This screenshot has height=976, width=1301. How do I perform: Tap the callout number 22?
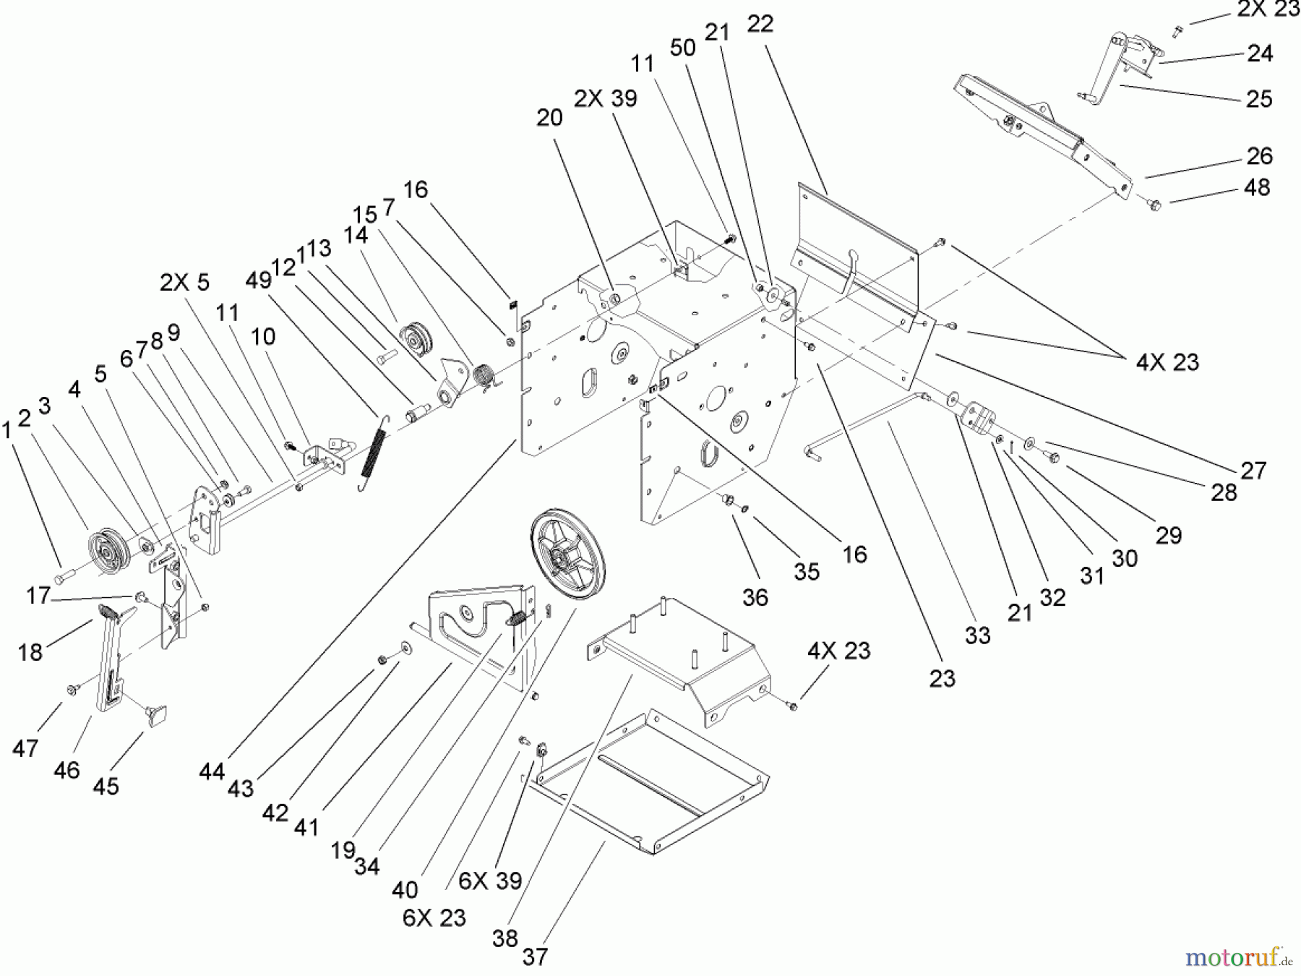tap(760, 24)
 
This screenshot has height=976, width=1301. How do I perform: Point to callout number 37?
tap(535, 956)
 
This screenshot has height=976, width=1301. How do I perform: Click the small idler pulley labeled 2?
tap(108, 555)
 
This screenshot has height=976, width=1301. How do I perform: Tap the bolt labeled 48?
tap(1154, 205)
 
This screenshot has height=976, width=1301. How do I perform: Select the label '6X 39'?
tap(490, 880)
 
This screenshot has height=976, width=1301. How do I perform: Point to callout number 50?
tap(682, 48)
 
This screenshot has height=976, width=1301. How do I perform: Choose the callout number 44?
tap(212, 772)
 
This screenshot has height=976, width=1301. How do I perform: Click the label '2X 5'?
tap(184, 282)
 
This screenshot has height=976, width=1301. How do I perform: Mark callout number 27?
tap(1253, 471)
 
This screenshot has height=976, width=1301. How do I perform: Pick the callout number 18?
tap(30, 652)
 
